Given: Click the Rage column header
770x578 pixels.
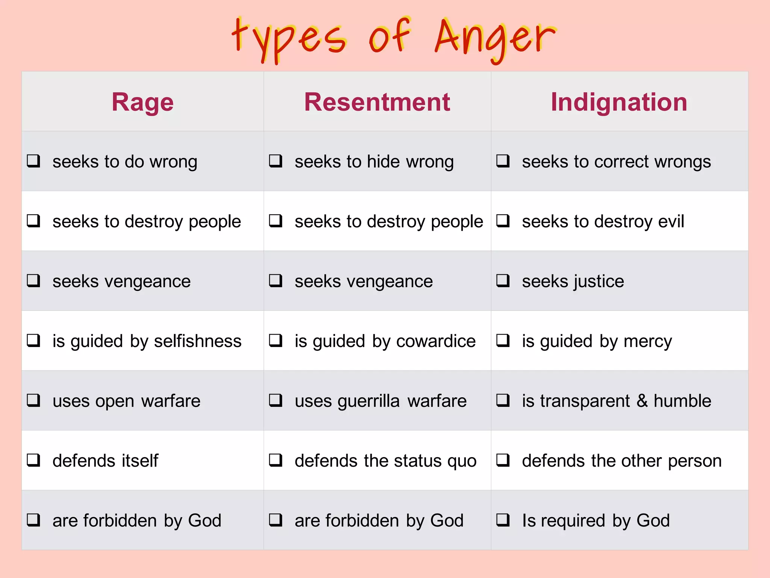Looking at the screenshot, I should click(142, 102).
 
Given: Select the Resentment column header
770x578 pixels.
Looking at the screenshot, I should click(377, 102).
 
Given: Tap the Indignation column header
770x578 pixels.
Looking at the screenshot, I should click(619, 102).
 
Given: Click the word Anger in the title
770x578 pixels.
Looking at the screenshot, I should click(494, 38).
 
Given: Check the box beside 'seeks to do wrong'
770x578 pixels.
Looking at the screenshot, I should click(33, 161).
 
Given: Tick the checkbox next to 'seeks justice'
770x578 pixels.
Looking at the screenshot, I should click(503, 281).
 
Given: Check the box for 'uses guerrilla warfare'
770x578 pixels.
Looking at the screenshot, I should click(276, 400).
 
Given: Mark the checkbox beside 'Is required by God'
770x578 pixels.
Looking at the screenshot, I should click(503, 520).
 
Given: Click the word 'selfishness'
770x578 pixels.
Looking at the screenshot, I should click(197, 341).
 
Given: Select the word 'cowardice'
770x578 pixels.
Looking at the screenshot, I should click(436, 341).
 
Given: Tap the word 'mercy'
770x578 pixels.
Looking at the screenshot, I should click(647, 342).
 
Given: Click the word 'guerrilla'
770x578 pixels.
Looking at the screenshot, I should click(368, 401).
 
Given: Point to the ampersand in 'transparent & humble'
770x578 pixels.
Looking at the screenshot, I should click(642, 400).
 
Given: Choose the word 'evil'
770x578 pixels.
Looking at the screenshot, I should click(671, 221).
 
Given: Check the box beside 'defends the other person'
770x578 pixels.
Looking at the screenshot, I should click(503, 460).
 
